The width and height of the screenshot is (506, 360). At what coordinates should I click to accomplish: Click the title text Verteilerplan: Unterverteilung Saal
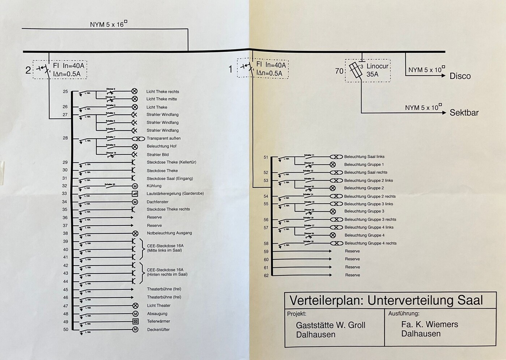pos(386,300)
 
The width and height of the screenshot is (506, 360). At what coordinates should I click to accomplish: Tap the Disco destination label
pos(460,76)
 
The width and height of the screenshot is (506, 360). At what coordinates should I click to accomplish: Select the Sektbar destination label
pos(464,113)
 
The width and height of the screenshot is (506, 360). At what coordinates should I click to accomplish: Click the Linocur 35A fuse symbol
pos(356,70)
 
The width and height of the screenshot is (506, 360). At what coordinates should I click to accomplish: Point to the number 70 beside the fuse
pos(339,71)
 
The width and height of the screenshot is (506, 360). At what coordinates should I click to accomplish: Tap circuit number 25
pos(65,92)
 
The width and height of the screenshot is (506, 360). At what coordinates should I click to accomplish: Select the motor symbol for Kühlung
pos(135,186)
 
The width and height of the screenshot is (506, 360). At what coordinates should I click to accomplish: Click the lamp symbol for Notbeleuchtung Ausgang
pos(135,233)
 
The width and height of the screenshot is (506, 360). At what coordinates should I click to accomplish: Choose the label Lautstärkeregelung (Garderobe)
pos(175,194)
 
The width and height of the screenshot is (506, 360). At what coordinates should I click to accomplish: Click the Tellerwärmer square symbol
pos(135,321)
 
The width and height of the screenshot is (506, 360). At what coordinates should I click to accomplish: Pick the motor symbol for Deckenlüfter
pos(135,330)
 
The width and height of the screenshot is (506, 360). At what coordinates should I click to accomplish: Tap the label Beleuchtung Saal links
pos(364,157)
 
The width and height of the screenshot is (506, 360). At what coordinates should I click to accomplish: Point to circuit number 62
pos(266,276)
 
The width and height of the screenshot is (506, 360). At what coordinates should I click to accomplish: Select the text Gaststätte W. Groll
pos(331,325)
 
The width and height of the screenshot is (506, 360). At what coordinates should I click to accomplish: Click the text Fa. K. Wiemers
pos(429,324)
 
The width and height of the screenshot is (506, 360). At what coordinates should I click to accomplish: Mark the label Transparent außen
pos(163,138)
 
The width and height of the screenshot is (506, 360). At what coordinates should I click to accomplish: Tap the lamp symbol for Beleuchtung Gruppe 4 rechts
pos(336,243)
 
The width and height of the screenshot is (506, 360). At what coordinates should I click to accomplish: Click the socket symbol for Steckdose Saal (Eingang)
pos(133,178)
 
